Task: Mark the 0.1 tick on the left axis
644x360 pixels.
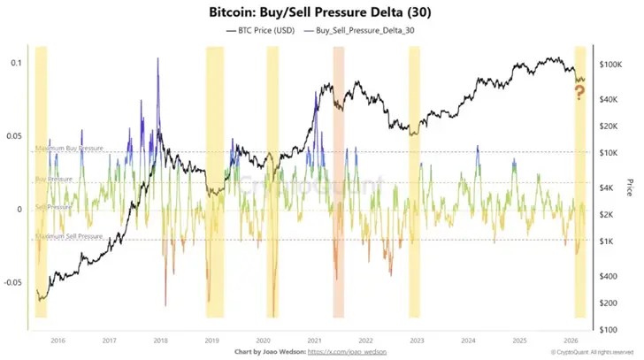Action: pos(16,64)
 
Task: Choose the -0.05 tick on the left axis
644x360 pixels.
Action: pos(12,283)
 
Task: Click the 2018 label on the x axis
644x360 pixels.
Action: pos(160,339)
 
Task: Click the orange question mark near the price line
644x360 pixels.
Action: pos(580,91)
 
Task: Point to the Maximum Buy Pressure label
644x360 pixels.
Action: pos(69,148)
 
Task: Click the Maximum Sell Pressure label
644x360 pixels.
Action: pos(69,236)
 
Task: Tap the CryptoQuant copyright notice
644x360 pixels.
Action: pos(590,352)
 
